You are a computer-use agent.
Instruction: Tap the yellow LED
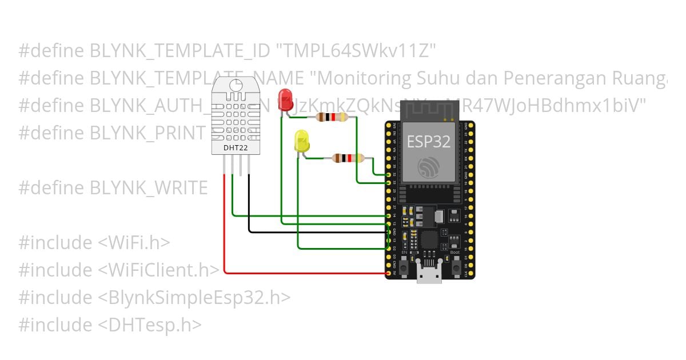point(301,141)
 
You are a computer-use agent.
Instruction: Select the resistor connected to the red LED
point(332,117)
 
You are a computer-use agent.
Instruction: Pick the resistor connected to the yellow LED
point(348,158)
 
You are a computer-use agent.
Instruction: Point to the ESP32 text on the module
point(428,142)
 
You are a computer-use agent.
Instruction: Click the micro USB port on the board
point(429,277)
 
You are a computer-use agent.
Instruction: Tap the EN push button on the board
point(404,267)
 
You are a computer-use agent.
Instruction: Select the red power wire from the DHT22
point(225,229)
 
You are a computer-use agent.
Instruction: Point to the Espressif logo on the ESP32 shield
point(429,167)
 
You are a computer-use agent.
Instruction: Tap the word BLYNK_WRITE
point(149,188)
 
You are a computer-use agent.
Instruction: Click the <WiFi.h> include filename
point(134,242)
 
